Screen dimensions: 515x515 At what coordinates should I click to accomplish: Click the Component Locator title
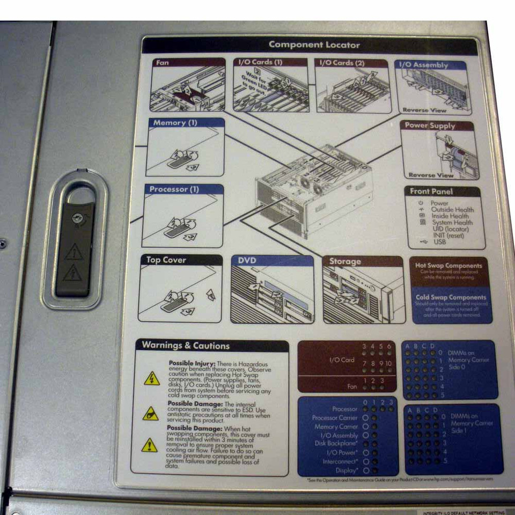coord(314,45)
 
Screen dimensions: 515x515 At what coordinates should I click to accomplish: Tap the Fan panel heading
coord(162,63)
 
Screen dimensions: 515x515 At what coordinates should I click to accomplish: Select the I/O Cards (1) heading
coord(260,63)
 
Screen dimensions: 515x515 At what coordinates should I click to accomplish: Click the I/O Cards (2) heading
coord(342,63)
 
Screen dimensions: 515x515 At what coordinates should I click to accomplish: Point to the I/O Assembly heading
coord(423,65)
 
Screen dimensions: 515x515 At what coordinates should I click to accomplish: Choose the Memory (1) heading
coord(175,123)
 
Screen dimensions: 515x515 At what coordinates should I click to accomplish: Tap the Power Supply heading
coord(430,126)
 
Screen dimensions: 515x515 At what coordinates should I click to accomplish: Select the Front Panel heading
coord(431,192)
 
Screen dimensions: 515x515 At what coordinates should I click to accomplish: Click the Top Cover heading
coord(166,260)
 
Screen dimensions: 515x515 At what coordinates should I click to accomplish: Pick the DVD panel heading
coord(247,261)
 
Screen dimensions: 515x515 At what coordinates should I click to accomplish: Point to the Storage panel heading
coord(345,262)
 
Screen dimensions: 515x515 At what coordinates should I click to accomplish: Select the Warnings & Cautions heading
coord(186,345)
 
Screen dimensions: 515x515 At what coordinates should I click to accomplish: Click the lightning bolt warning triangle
coord(151,379)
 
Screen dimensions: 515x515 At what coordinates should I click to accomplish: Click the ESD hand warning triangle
coord(151,414)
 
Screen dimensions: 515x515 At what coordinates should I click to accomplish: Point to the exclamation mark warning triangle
coord(150,445)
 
